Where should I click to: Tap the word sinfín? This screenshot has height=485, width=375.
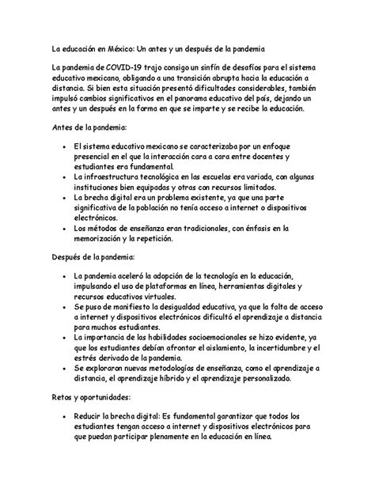(213, 72)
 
